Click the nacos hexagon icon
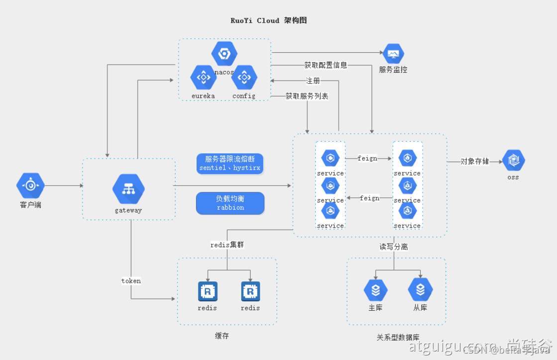coord(224,54)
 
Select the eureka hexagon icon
coord(203,78)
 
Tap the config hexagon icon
coord(244,78)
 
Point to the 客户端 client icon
coord(31,185)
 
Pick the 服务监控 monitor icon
coord(393,54)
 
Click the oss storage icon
coord(513,160)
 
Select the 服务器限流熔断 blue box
coord(230,164)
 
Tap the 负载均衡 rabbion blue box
coord(230,203)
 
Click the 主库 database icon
coord(375,290)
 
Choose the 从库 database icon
coord(420,290)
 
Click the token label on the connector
coord(131,281)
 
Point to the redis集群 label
coord(227,245)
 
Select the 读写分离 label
coord(394,247)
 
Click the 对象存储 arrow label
coord(474,161)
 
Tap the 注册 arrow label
coord(313,81)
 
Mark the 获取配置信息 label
coord(326,65)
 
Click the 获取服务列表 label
coord(307,96)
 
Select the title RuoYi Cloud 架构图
coord(269,20)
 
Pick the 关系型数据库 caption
coord(398,338)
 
